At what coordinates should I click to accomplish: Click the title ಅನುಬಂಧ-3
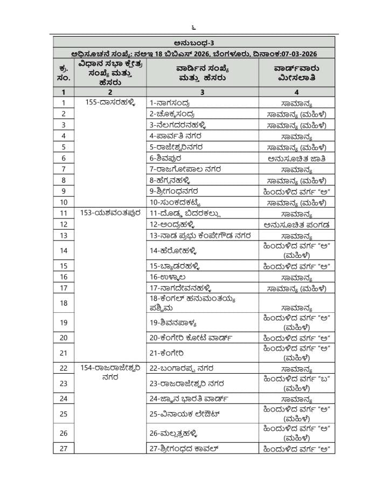[x=196, y=42]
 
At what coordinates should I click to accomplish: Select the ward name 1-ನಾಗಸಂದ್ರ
[x=169, y=102]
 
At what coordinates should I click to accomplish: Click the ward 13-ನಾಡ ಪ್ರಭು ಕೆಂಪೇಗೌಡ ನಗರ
[x=198, y=236]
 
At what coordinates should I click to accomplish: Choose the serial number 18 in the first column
[x=64, y=303]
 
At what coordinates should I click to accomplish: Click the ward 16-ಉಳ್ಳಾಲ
[x=168, y=277]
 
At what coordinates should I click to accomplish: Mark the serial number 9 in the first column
[x=64, y=191]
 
